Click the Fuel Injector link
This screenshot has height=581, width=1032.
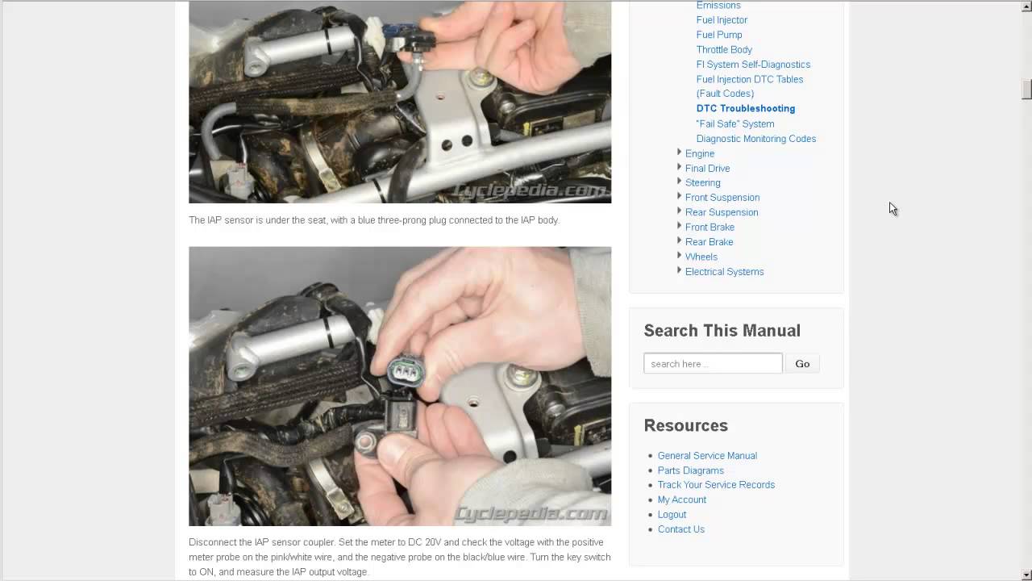pyautogui.click(x=722, y=20)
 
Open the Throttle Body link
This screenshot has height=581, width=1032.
pyautogui.click(x=724, y=49)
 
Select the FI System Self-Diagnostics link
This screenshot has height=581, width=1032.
pyautogui.click(x=753, y=65)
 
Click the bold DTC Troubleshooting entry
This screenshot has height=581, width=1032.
pyautogui.click(x=746, y=108)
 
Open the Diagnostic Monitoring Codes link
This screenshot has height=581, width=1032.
pyautogui.click(x=755, y=139)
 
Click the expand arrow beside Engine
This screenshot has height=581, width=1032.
pyautogui.click(x=679, y=152)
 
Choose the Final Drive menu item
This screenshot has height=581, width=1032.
pyautogui.click(x=707, y=169)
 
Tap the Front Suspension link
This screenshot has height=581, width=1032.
pyautogui.click(x=722, y=198)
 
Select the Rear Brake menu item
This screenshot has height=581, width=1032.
pyautogui.click(x=709, y=241)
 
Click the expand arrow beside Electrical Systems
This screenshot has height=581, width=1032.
pyautogui.click(x=679, y=270)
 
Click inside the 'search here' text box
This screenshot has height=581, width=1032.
pyautogui.click(x=713, y=363)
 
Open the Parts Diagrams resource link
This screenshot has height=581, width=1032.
pyautogui.click(x=690, y=470)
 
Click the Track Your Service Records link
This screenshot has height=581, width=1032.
pyautogui.click(x=716, y=485)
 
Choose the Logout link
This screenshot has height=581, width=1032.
pyautogui.click(x=672, y=514)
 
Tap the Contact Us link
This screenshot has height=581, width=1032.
pyautogui.click(x=681, y=529)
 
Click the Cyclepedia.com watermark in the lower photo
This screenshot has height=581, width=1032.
pyautogui.click(x=530, y=513)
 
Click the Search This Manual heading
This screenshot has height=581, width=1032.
pyautogui.click(x=722, y=331)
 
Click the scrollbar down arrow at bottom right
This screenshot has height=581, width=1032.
pyautogui.click(x=1026, y=575)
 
